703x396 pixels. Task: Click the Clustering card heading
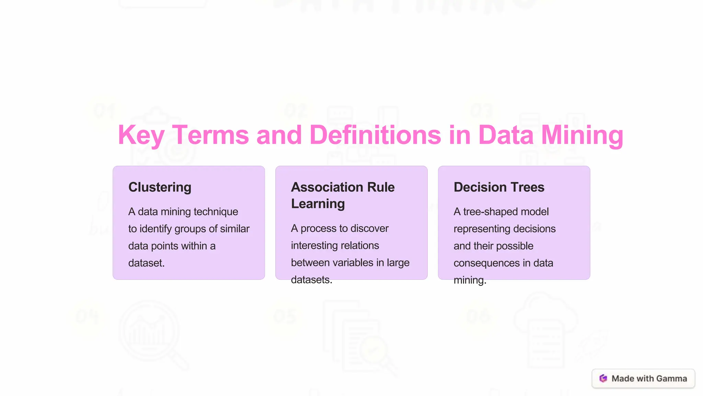(160, 187)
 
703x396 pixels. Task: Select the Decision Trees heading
(499, 187)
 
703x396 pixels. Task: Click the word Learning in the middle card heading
(318, 204)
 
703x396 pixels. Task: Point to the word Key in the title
(141, 135)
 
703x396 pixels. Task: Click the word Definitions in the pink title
(375, 135)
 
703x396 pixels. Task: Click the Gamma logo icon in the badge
(603, 378)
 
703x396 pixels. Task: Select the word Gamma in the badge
(671, 378)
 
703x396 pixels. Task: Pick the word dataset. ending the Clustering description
(147, 263)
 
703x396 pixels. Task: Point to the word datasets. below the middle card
(311, 280)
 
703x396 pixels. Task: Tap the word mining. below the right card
(470, 280)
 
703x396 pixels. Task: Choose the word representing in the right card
(482, 229)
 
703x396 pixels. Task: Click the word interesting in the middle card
(335, 245)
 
